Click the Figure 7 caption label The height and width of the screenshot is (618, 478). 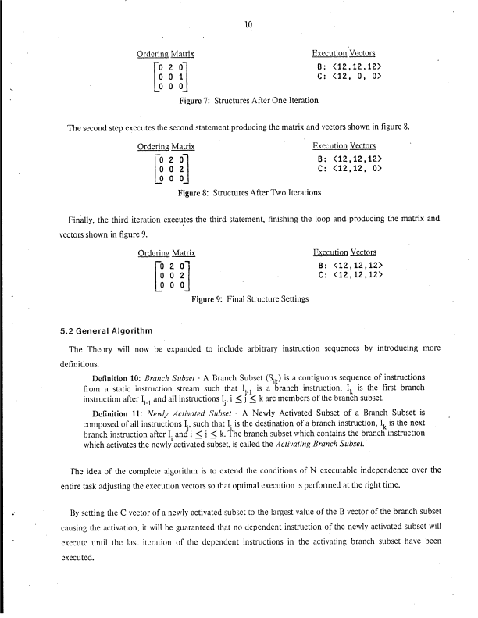pos(195,101)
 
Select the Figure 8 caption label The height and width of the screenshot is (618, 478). pos(194,193)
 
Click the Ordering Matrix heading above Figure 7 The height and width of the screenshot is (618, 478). pos(166,54)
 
